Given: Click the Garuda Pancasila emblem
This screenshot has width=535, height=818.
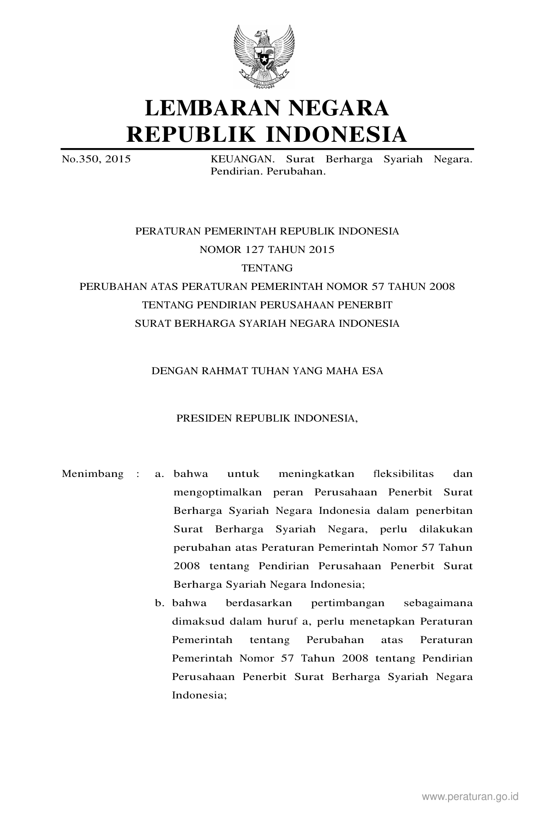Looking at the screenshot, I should [x=264, y=57].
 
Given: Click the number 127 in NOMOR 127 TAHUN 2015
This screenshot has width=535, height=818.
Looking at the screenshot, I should [x=256, y=250].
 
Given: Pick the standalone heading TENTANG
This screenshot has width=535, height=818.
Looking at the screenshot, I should [x=267, y=268].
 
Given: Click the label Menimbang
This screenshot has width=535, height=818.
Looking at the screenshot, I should [x=92, y=474].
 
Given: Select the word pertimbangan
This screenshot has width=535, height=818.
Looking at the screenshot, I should [x=348, y=603].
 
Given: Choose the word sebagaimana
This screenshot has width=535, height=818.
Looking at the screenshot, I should [x=438, y=603].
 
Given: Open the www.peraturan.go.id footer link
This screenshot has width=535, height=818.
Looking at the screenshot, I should [x=470, y=797].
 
